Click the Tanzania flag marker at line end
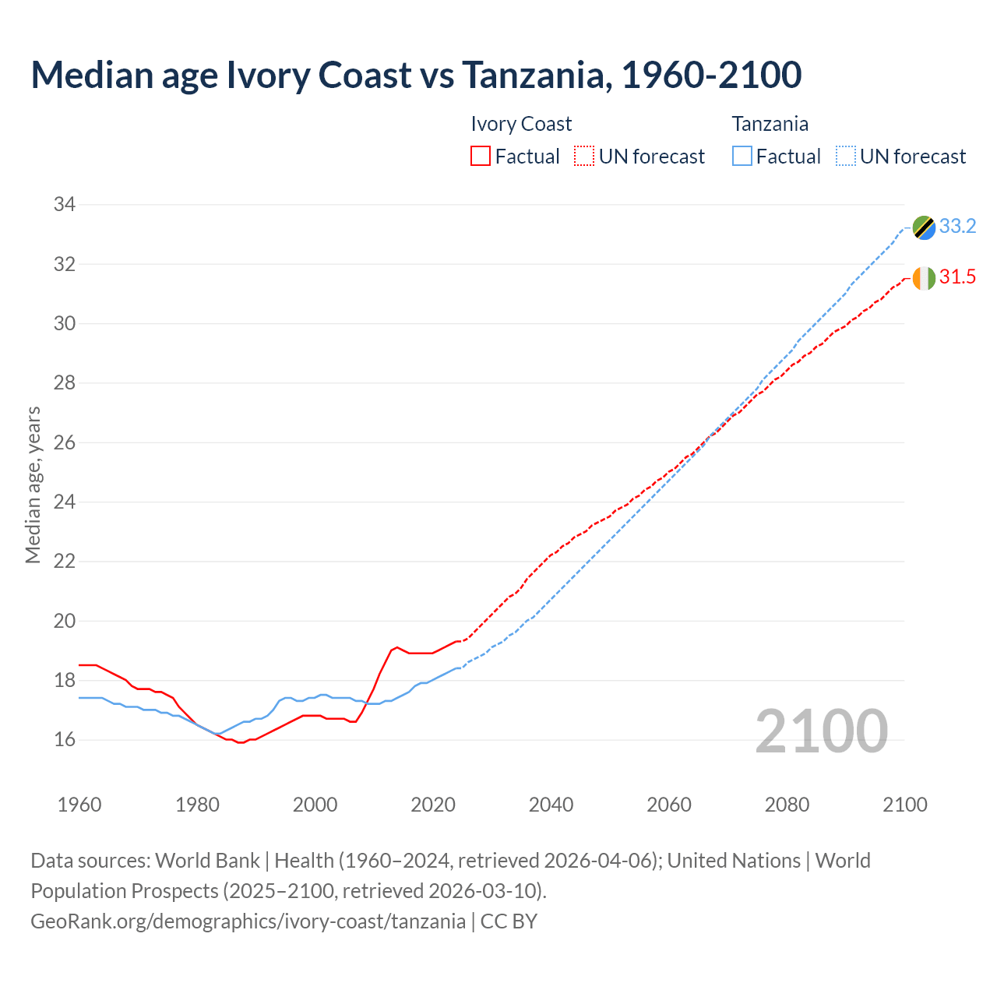(x=924, y=227)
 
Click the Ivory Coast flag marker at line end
(x=924, y=278)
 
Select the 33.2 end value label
(x=957, y=227)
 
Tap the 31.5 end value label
(x=957, y=277)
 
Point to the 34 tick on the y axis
(x=64, y=205)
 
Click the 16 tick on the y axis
(x=64, y=739)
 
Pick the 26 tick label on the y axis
(x=64, y=442)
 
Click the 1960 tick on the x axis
(x=79, y=805)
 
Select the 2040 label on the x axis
(x=551, y=805)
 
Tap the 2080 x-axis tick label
(x=787, y=805)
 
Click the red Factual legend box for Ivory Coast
(x=481, y=157)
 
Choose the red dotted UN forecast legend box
(x=584, y=157)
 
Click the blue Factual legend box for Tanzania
(x=742, y=157)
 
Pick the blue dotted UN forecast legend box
(x=845, y=157)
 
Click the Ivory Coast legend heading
(x=521, y=124)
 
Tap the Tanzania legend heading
(x=770, y=124)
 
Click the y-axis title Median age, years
(x=33, y=484)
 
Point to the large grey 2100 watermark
(x=822, y=731)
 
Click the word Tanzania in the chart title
(x=533, y=75)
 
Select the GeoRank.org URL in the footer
(x=248, y=921)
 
